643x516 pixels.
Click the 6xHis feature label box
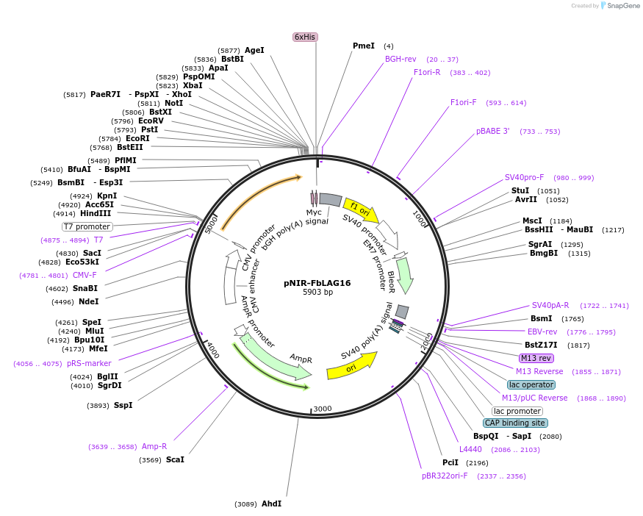click(x=305, y=37)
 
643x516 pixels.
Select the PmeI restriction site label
click(x=364, y=46)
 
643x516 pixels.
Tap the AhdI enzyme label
click(x=271, y=504)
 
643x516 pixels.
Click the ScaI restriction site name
click(x=175, y=459)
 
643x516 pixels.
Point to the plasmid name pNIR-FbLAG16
click(x=317, y=282)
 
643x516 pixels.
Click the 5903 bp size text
click(x=317, y=293)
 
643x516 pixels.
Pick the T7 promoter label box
click(x=87, y=226)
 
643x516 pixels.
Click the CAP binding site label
click(x=514, y=423)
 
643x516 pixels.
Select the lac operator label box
click(x=531, y=384)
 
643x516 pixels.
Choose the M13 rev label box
click(x=536, y=358)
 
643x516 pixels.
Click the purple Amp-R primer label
click(x=154, y=446)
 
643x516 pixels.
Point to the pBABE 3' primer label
click(x=493, y=131)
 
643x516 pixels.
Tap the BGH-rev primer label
click(x=400, y=59)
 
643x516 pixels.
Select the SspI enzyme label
click(x=123, y=405)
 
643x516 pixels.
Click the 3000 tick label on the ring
click(x=322, y=409)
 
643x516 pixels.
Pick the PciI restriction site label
click(x=450, y=462)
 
